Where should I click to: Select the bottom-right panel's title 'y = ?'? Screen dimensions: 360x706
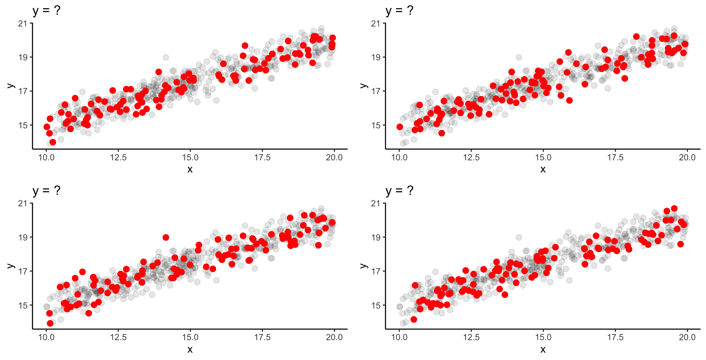[399, 190]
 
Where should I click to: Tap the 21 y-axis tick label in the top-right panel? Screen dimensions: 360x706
[375, 24]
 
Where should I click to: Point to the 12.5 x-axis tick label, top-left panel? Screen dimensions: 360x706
[118, 158]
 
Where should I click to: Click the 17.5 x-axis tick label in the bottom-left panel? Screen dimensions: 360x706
[262, 338]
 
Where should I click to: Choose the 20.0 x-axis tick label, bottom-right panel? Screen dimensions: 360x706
[687, 338]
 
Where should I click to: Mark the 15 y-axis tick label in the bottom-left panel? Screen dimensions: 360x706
[23, 305]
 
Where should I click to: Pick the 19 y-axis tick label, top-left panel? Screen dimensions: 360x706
[23, 57]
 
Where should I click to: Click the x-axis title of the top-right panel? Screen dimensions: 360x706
[543, 169]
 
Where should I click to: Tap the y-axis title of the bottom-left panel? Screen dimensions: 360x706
[10, 266]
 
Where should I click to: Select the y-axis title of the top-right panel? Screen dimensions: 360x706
[363, 86]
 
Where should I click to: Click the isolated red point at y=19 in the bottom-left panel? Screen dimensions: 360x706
[166, 238]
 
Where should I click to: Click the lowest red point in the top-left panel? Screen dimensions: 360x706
[53, 142]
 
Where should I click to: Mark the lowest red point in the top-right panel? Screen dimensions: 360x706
[442, 133]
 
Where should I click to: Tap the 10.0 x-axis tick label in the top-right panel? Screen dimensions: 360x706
[399, 158]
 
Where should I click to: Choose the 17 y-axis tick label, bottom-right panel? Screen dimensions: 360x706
[375, 271]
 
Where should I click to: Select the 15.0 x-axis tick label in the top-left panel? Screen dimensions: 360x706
[190, 158]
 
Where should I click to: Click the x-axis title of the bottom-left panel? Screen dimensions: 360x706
[190, 349]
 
